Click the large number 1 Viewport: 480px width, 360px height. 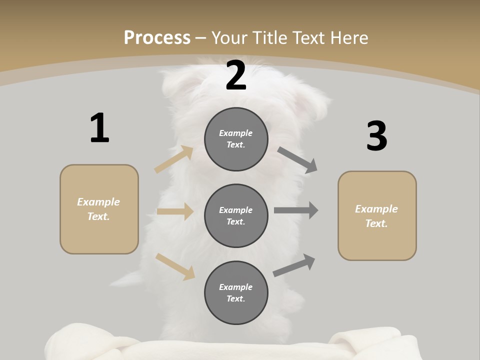(x=99, y=128)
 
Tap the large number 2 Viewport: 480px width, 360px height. (x=236, y=75)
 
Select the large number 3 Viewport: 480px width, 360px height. (x=376, y=136)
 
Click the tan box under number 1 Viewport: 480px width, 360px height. (x=99, y=209)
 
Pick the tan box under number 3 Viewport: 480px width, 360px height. (x=377, y=216)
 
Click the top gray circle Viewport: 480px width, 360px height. (x=236, y=139)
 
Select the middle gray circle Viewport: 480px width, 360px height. (x=236, y=216)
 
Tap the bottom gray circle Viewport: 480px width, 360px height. (x=236, y=293)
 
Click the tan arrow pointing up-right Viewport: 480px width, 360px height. (x=174, y=159)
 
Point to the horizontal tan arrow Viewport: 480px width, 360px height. (x=175, y=211)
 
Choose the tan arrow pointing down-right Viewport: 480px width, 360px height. (x=175, y=266)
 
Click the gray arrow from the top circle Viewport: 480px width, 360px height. (x=297, y=160)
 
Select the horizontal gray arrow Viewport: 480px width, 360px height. (x=296, y=210)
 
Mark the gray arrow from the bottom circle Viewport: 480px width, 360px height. (x=294, y=265)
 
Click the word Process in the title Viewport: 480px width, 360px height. (x=157, y=37)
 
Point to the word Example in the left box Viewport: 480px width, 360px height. (x=98, y=202)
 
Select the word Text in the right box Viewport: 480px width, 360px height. (x=376, y=223)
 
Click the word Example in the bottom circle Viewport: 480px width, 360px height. (x=236, y=287)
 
